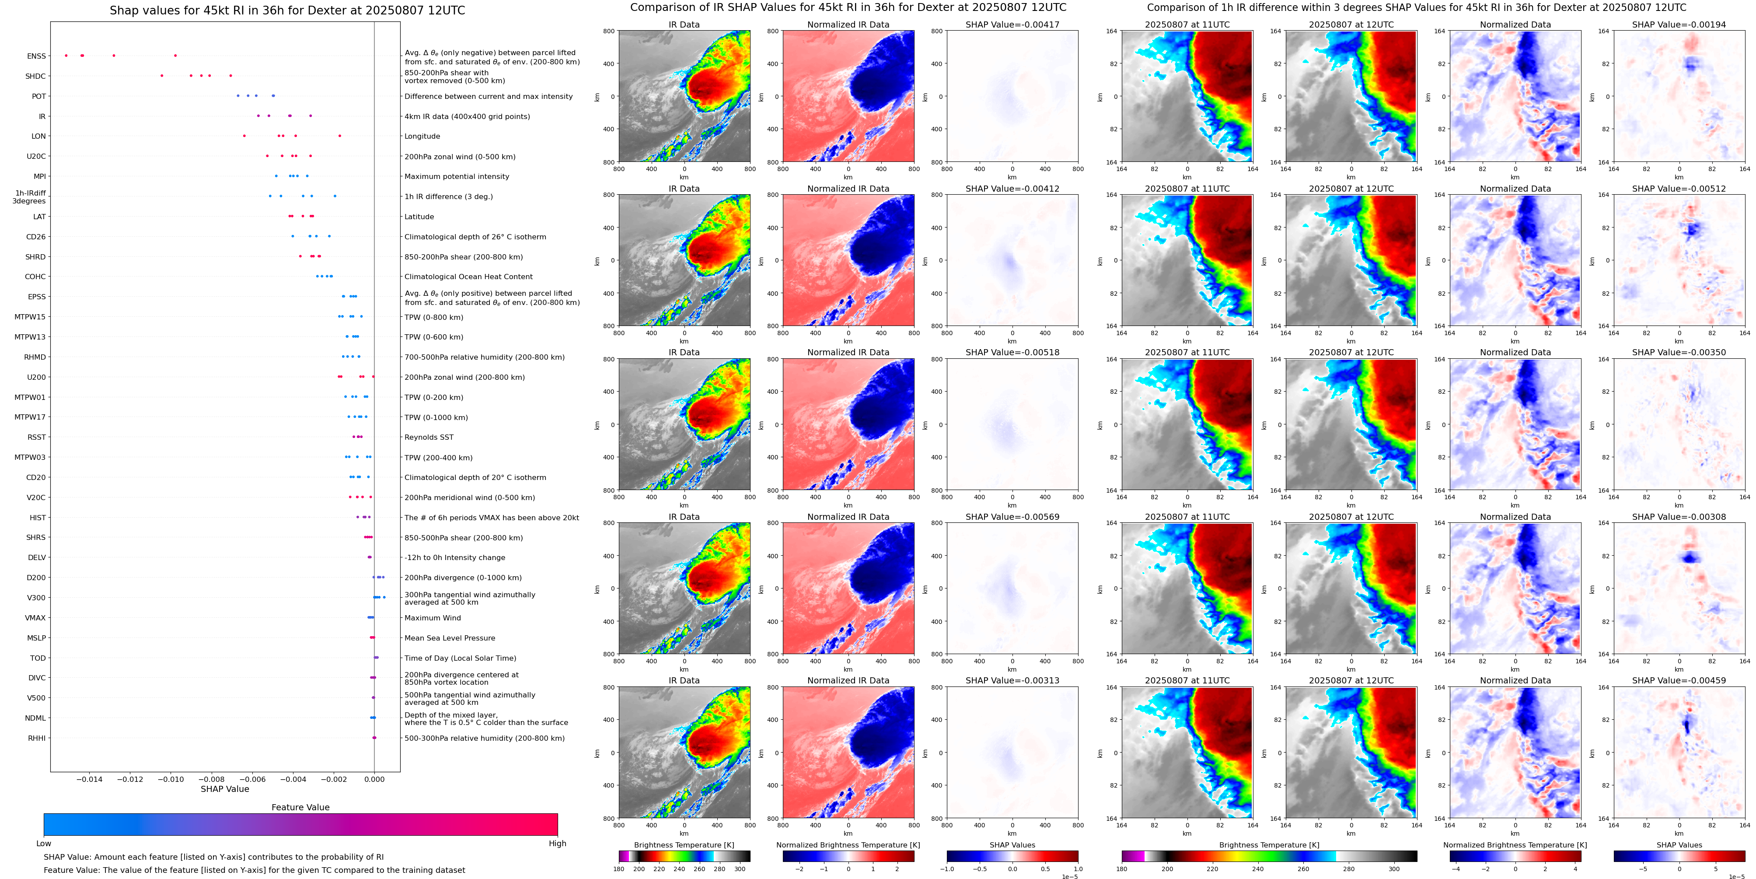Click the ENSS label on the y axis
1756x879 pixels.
tap(37, 56)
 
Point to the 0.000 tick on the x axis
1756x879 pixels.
tap(374, 779)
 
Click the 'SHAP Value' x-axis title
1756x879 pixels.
tap(225, 789)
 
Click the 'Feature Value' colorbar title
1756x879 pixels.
tap(300, 807)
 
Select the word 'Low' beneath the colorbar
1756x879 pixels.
tap(44, 844)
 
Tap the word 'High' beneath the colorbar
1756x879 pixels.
tap(558, 844)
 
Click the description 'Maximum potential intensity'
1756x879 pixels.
tap(457, 177)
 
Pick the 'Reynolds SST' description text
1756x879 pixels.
tap(429, 437)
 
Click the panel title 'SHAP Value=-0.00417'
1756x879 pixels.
tap(1012, 25)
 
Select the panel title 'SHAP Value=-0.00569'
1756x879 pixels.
tap(1012, 517)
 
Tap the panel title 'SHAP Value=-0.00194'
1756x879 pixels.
tap(1679, 25)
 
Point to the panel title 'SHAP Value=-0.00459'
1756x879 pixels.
tap(1679, 680)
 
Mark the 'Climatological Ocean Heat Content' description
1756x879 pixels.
tap(468, 277)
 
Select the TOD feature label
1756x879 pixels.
tap(38, 658)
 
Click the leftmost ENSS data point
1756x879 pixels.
tap(66, 55)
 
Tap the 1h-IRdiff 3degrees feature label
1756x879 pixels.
tap(30, 197)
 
